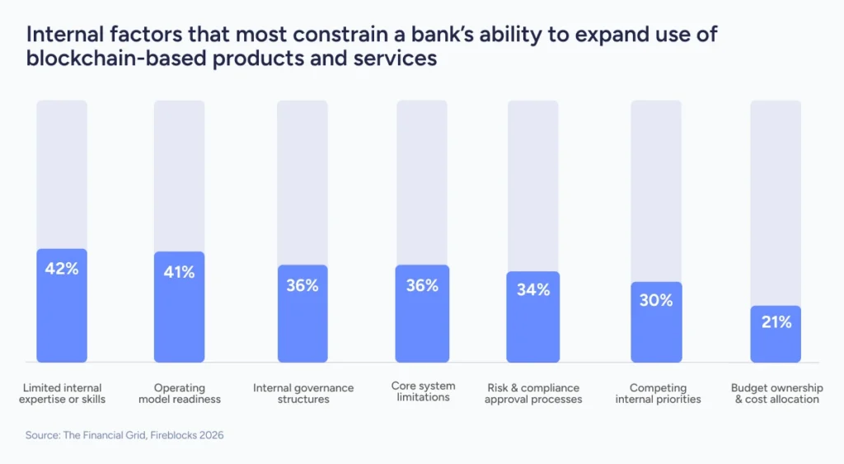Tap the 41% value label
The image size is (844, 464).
[179, 271]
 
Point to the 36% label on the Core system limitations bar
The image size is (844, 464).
[422, 285]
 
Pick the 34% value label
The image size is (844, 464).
[533, 289]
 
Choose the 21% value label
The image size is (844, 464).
[776, 322]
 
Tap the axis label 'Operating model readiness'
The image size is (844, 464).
[179, 393]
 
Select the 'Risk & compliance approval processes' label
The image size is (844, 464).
[533, 393]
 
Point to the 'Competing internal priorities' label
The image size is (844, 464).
[656, 393]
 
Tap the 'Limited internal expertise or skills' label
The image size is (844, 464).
[62, 393]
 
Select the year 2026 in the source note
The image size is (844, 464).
[210, 435]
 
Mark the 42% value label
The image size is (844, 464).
[62, 268]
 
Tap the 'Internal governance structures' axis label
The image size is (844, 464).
[302, 393]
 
